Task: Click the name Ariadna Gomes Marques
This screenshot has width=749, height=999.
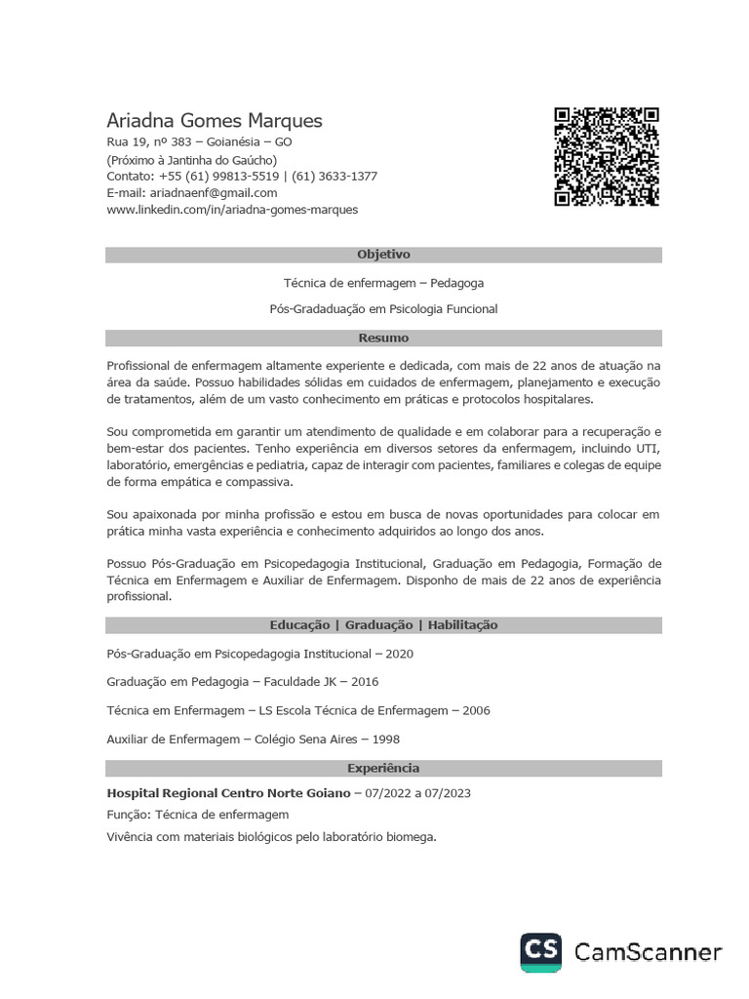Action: pyautogui.click(x=214, y=121)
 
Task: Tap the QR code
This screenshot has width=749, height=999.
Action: pyautogui.click(x=607, y=156)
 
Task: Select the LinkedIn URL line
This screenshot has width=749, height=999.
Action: pyautogui.click(x=232, y=210)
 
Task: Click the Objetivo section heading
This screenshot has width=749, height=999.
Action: pyautogui.click(x=383, y=255)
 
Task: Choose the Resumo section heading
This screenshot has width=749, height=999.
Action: pyautogui.click(x=383, y=339)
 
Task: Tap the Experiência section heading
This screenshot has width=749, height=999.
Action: pyautogui.click(x=383, y=769)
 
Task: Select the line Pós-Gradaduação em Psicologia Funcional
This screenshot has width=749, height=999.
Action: pyautogui.click(x=383, y=309)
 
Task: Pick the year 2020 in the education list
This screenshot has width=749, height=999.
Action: pyautogui.click(x=400, y=654)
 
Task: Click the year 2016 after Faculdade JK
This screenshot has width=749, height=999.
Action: pyautogui.click(x=365, y=682)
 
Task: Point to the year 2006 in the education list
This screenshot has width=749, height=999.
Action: pyautogui.click(x=477, y=710)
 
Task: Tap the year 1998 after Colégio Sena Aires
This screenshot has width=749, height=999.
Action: pyautogui.click(x=386, y=739)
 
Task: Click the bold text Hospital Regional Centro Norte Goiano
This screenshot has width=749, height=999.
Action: pyautogui.click(x=228, y=793)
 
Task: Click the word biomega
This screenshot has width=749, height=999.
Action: pyautogui.click(x=413, y=836)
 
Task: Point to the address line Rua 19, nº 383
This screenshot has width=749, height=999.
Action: pyautogui.click(x=148, y=142)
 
